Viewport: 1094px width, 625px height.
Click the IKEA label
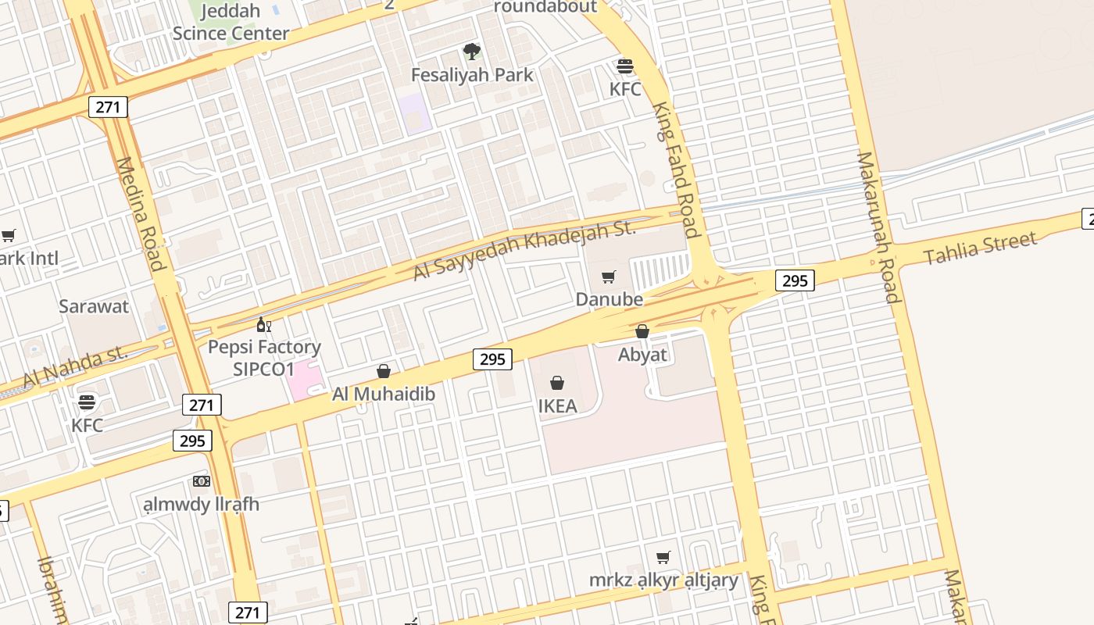[557, 406]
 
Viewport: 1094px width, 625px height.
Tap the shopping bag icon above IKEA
[557, 383]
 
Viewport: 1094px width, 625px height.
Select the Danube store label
[609, 299]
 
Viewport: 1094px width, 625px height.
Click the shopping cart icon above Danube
[609, 277]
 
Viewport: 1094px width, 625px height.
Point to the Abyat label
[642, 355]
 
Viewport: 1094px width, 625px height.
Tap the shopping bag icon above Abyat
[642, 331]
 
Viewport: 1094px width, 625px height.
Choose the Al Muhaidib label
[384, 394]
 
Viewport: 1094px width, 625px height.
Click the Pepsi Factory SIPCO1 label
[264, 358]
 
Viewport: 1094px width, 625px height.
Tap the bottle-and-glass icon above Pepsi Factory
[264, 325]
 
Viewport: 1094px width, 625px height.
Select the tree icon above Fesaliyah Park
[471, 52]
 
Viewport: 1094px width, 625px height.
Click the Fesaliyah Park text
[472, 75]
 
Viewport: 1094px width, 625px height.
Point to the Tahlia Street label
[980, 248]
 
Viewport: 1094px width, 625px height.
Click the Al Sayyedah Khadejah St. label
[524, 248]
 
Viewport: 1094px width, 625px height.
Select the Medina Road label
[141, 213]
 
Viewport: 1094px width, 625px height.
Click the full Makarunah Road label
[878, 227]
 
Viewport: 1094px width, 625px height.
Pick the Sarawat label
[94, 306]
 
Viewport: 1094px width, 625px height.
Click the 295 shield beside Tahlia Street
[795, 280]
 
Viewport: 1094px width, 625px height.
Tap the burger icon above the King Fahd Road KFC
[625, 66]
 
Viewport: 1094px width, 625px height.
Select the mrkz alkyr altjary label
[663, 580]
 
